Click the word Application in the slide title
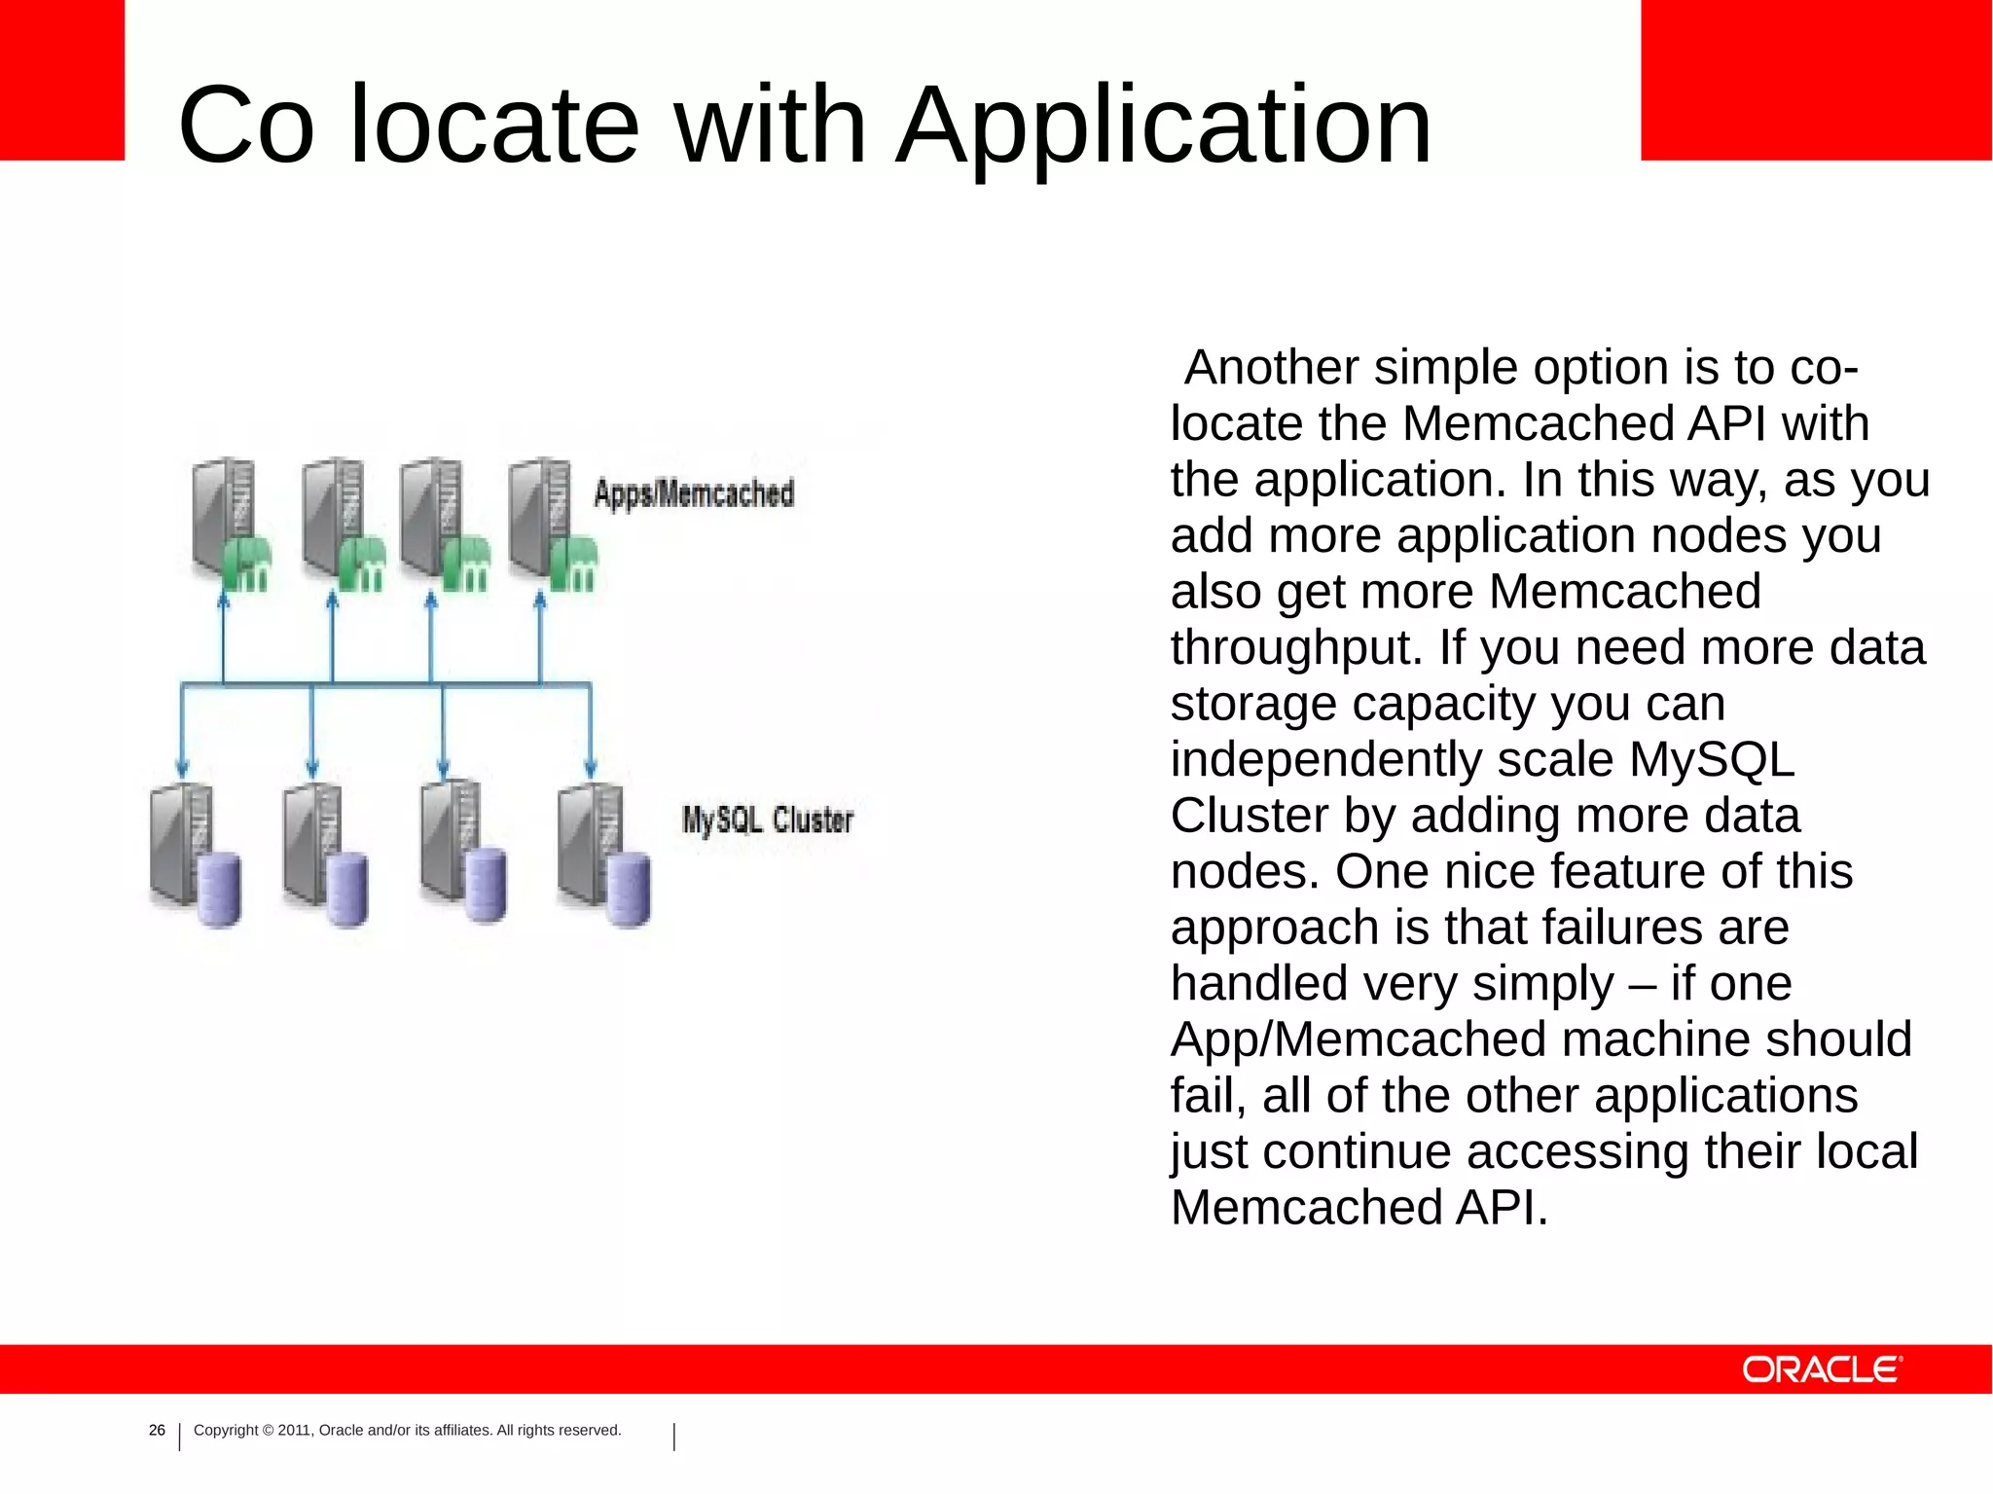1164,127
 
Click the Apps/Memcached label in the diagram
694,493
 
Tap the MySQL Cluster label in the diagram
767,820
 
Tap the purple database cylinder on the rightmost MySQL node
628,890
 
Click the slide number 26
157,1430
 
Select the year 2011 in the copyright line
295,1430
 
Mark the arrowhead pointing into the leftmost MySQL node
181,767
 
